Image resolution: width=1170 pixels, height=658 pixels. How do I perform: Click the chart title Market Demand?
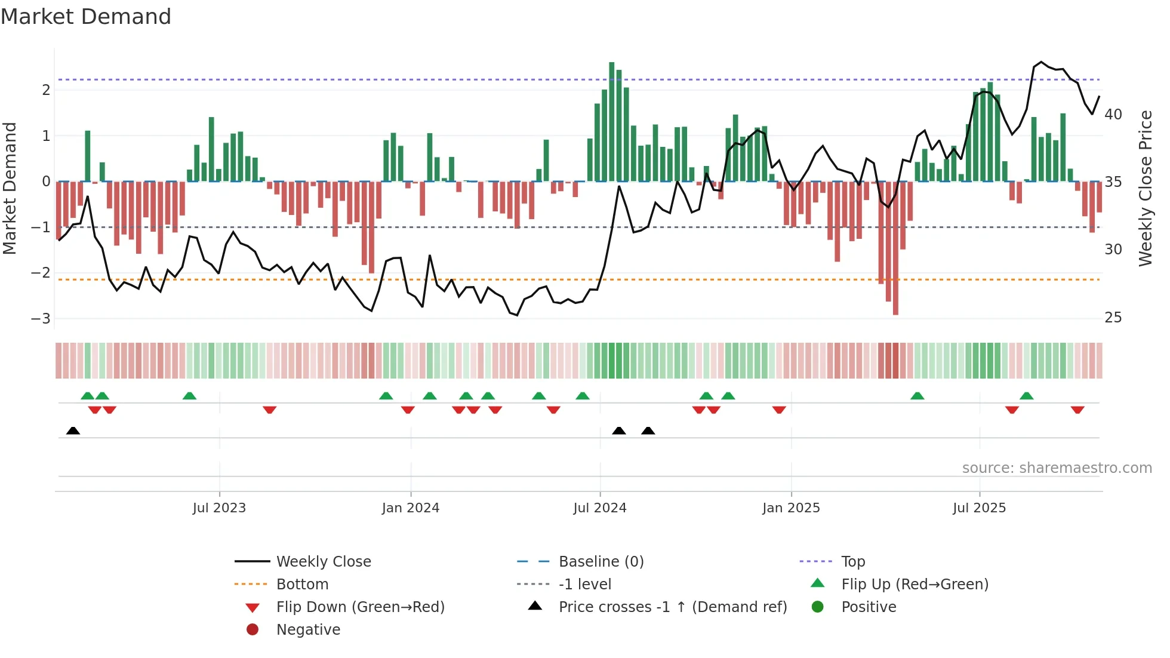(x=86, y=17)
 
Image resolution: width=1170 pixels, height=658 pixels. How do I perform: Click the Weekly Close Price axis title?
(x=1145, y=188)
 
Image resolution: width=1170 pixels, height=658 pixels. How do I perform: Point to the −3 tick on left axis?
(x=41, y=318)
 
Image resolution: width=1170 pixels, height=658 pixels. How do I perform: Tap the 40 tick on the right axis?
(x=1113, y=114)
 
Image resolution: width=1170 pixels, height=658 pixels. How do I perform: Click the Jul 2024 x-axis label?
(x=599, y=508)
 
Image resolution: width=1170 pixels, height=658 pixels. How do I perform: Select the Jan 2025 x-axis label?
(x=790, y=508)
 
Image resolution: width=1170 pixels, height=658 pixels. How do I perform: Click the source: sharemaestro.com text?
(x=1057, y=468)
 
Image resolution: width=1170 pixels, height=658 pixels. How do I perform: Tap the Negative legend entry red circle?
(x=253, y=629)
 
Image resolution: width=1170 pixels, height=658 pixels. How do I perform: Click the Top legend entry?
(x=852, y=561)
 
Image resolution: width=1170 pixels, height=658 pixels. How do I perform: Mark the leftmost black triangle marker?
(x=73, y=431)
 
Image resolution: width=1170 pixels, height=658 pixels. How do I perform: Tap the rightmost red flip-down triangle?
(x=1077, y=410)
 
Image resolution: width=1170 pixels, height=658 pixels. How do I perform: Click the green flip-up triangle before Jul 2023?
(x=189, y=396)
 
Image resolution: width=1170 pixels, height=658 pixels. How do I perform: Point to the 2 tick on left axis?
(x=46, y=90)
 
